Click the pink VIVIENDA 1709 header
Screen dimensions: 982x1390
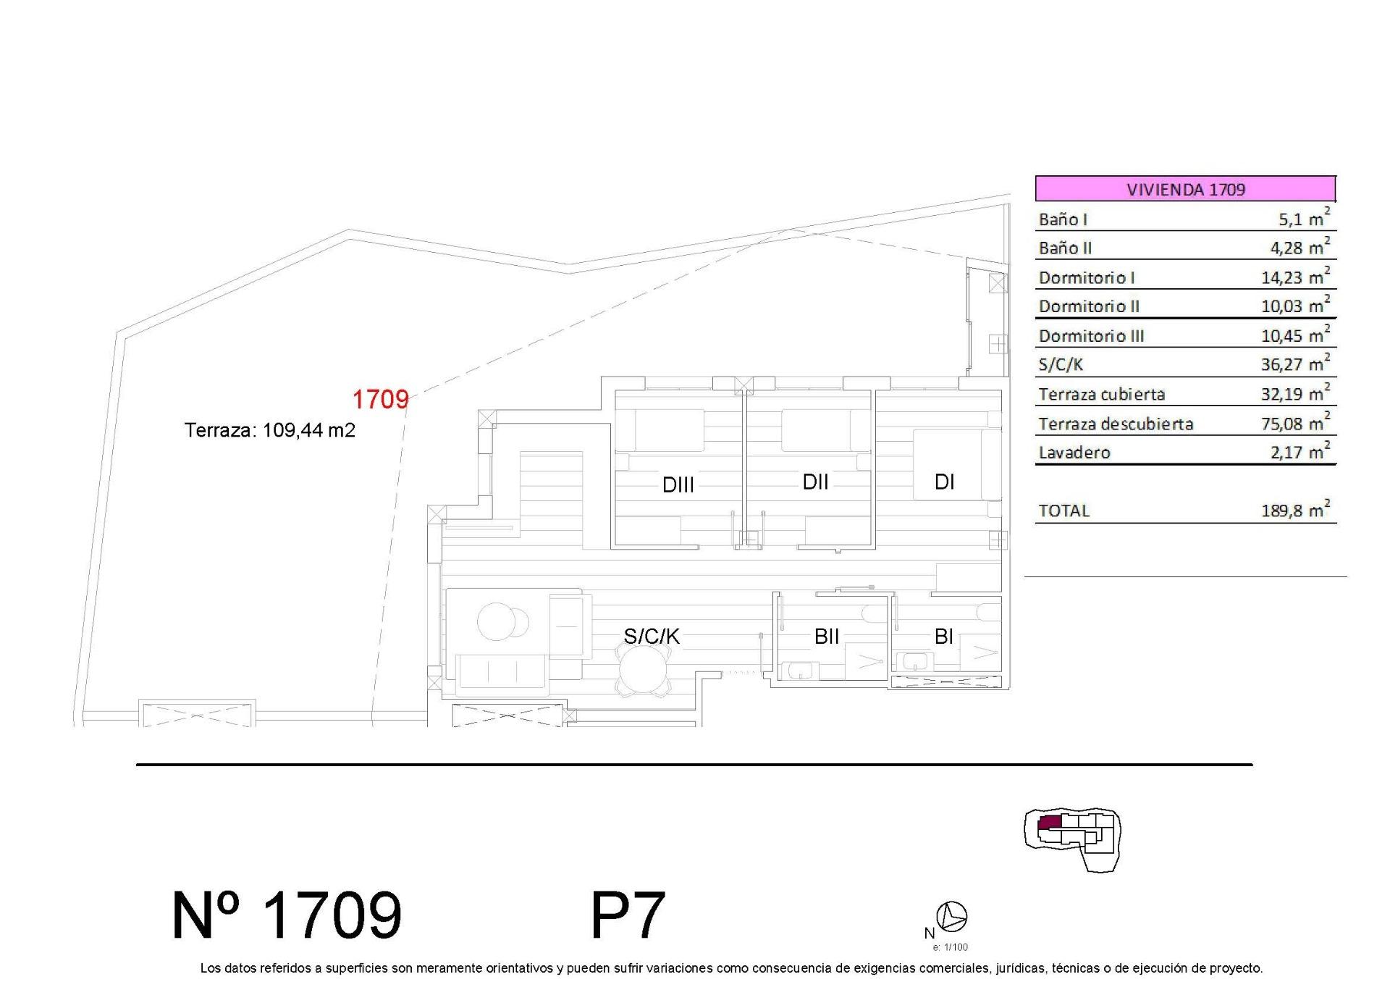pos(1185,189)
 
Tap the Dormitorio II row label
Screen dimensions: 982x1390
pos(1089,306)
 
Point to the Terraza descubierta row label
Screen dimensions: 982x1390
pos(1116,424)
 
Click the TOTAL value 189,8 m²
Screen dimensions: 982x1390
pos(1295,510)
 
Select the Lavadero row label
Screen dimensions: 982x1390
pos(1074,453)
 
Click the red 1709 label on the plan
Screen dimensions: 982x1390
pos(380,399)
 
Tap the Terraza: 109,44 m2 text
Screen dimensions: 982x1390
pos(270,430)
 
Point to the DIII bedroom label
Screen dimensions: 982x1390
pos(678,484)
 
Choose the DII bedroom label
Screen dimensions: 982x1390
pos(815,482)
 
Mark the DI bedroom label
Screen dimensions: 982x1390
pos(944,482)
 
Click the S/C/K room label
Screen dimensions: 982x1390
pos(652,636)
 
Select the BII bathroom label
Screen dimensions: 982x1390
pos(827,636)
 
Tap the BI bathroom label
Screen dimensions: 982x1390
pos(943,636)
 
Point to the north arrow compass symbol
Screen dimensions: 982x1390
pos(952,917)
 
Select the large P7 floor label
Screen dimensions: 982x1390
pos(628,915)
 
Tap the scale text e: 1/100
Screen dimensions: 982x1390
pos(950,947)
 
